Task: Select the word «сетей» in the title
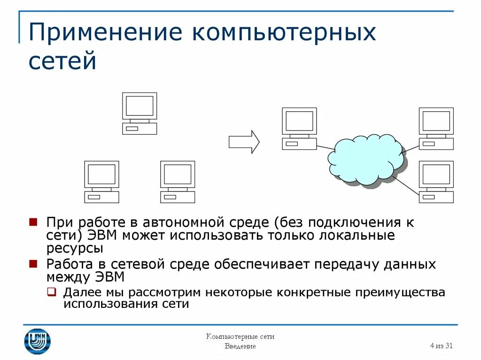(62, 62)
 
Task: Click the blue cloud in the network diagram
(366, 160)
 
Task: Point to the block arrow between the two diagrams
(244, 142)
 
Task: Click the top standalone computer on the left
(140, 113)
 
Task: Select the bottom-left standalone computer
(101, 182)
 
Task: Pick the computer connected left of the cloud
(299, 128)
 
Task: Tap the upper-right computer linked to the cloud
(436, 128)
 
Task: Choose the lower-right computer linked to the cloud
(436, 182)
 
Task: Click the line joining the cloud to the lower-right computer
(406, 185)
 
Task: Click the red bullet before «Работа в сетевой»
(33, 264)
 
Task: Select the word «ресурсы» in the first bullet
(75, 248)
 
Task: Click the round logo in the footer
(37, 341)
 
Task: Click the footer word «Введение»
(240, 346)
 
